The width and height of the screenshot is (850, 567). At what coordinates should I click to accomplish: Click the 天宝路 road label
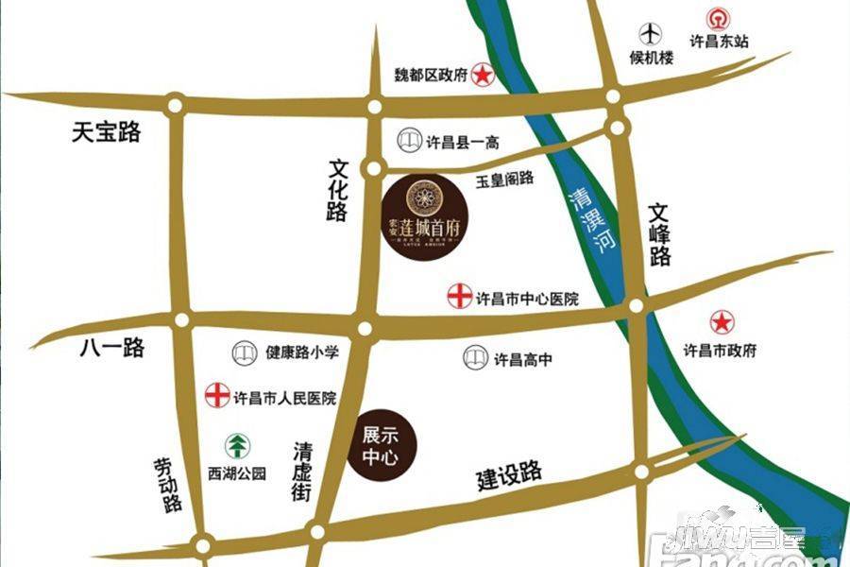pyautogui.click(x=106, y=133)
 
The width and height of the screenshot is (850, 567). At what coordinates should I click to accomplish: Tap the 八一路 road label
pyautogui.click(x=110, y=348)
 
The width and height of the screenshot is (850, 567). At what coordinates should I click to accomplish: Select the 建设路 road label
pyautogui.click(x=509, y=475)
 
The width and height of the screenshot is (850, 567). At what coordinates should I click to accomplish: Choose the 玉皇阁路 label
pyautogui.click(x=504, y=178)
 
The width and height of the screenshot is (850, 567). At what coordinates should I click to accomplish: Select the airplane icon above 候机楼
pyautogui.click(x=651, y=33)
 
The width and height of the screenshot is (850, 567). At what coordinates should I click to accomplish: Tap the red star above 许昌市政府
pyautogui.click(x=722, y=322)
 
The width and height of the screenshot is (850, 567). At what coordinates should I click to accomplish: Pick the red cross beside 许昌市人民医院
pyautogui.click(x=217, y=396)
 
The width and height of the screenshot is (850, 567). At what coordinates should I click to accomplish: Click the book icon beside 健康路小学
pyautogui.click(x=244, y=353)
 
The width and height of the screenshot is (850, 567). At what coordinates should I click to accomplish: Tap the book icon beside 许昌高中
pyautogui.click(x=475, y=358)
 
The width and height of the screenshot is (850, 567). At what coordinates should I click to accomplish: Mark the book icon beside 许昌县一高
pyautogui.click(x=408, y=142)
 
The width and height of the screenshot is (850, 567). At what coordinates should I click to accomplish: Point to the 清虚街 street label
pyautogui.click(x=302, y=471)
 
